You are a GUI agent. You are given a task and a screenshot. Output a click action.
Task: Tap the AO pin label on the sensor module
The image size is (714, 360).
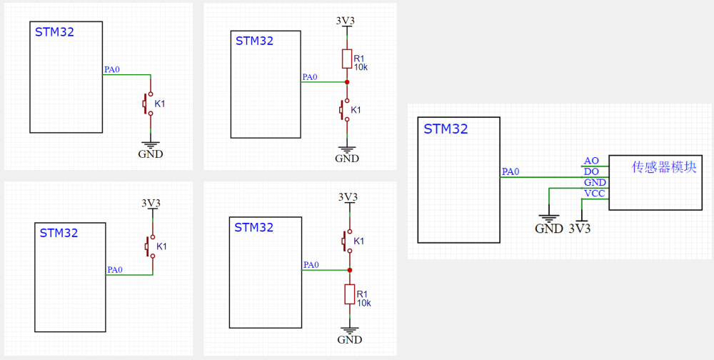click(591, 161)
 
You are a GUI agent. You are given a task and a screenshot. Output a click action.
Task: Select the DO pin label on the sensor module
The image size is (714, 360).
click(591, 171)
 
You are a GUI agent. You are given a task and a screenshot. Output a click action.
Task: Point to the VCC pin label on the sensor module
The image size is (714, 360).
click(594, 194)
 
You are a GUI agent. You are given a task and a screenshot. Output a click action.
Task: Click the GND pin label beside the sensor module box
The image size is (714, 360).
click(594, 183)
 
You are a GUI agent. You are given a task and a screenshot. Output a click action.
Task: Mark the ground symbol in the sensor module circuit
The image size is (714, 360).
click(548, 217)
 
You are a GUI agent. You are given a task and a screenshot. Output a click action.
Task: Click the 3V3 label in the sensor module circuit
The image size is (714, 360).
click(580, 229)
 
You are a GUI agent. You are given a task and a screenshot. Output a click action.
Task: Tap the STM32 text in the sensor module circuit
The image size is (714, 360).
click(446, 129)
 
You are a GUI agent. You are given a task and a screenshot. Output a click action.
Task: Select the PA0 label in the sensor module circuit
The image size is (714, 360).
click(511, 171)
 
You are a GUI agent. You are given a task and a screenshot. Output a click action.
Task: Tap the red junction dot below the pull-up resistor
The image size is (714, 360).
click(347, 82)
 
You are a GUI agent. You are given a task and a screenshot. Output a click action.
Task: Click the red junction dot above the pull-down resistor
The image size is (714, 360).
click(350, 270)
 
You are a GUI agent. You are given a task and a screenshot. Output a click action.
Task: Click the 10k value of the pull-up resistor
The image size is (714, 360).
click(361, 67)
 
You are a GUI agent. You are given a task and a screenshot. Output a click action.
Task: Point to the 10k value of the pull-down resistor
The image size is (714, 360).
click(363, 303)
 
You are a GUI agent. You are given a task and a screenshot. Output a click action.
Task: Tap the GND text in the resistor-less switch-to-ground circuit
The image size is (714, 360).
click(150, 154)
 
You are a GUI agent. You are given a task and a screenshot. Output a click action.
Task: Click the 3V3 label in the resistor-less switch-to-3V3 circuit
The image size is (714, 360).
click(151, 204)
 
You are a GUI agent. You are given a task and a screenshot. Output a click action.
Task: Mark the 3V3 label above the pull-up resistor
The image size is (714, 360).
click(346, 21)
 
